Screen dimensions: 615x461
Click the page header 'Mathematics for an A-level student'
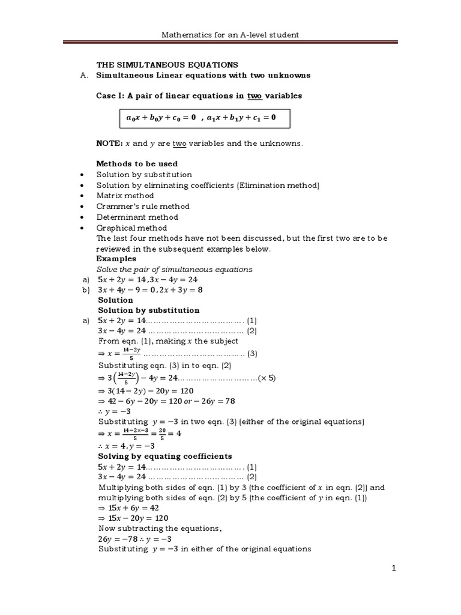pyautogui.click(x=230, y=35)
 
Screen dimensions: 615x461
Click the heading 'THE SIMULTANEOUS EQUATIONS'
pyautogui.click(x=167, y=65)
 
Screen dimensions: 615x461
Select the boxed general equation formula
pyautogui.click(x=200, y=118)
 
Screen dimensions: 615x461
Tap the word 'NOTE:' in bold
pyautogui.click(x=109, y=144)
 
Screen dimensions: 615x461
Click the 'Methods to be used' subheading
pyautogui.click(x=137, y=164)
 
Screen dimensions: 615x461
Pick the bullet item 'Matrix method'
pyautogui.click(x=125, y=196)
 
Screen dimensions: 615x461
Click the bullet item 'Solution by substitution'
pyautogui.click(x=144, y=175)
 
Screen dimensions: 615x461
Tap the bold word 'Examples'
pyautogui.click(x=116, y=259)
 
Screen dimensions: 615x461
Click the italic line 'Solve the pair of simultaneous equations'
pyautogui.click(x=175, y=270)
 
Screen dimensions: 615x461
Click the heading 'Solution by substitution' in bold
pyautogui.click(x=148, y=311)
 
